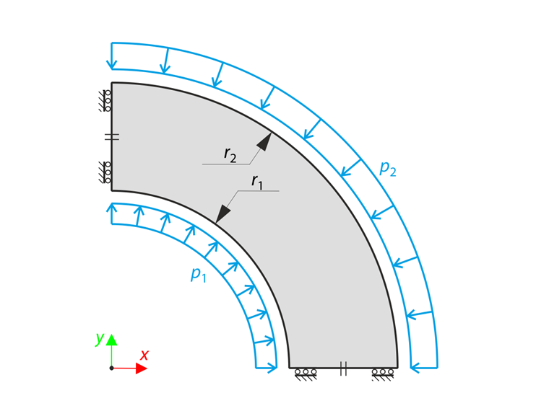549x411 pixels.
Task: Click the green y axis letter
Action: [x=100, y=338]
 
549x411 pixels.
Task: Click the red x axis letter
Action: [x=144, y=355]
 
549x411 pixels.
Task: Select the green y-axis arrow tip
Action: [x=111, y=340]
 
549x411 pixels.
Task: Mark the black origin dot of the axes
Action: [x=111, y=368]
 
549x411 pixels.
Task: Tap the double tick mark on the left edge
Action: [x=111, y=136]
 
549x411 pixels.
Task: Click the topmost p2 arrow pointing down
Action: [x=111, y=57]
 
